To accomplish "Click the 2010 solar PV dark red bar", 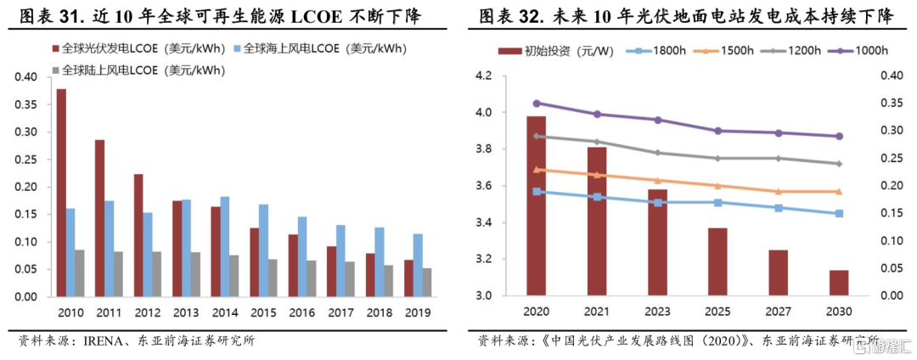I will (61, 193).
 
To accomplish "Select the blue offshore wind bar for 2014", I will (224, 247).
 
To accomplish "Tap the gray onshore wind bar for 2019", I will (426, 283).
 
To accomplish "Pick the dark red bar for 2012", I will (138, 235).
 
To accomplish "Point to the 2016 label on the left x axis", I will (301, 312).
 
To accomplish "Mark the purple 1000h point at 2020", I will (537, 104).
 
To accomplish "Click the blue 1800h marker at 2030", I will (838, 213).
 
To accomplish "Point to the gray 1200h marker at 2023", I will (657, 153).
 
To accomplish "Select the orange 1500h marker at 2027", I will (778, 192).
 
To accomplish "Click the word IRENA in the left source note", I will (105, 341).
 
